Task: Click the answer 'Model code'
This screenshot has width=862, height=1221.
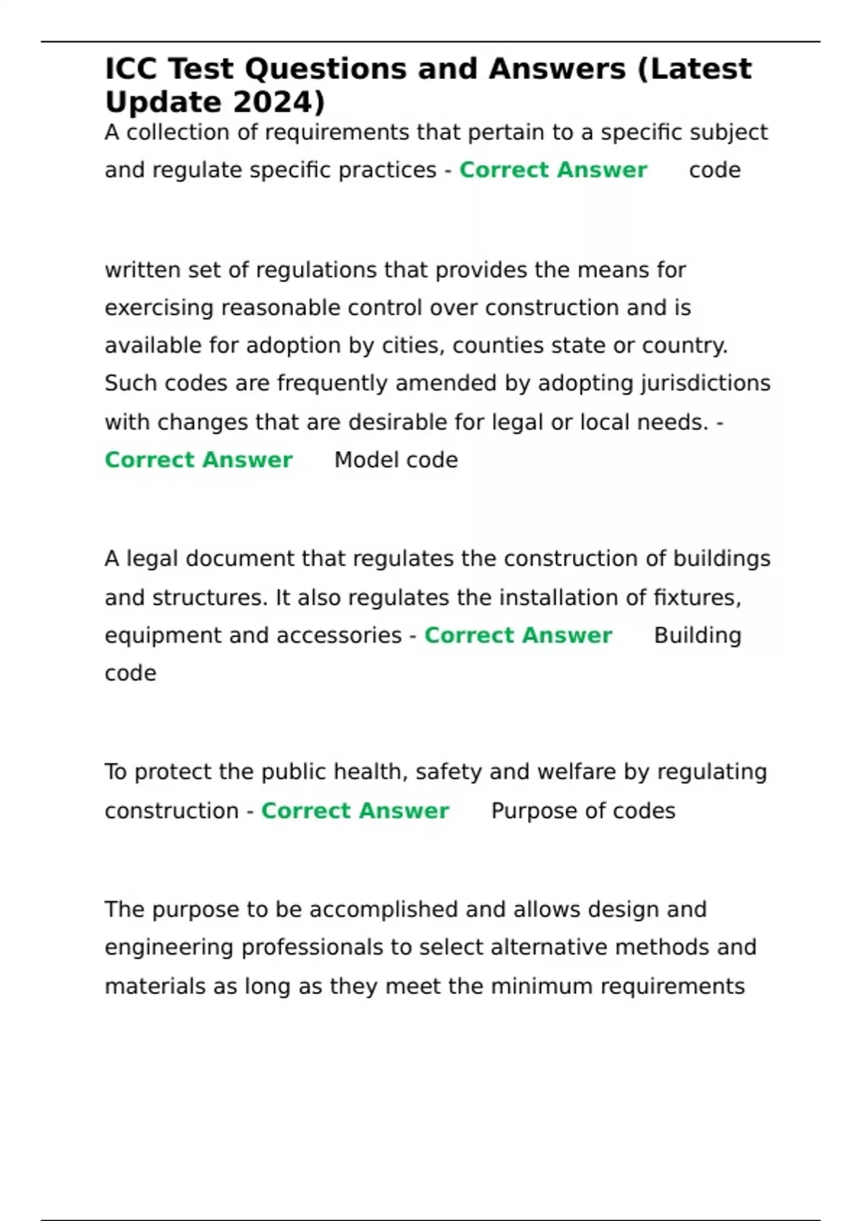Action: pos(396,460)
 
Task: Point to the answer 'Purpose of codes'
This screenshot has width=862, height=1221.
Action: pos(583,811)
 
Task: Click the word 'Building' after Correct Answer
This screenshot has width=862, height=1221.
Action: pos(697,636)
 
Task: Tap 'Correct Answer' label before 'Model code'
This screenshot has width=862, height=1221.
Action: pos(198,460)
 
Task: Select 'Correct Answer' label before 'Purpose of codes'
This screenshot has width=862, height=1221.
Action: pos(355,811)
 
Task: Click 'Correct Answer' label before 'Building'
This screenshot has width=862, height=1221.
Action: pos(518,636)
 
